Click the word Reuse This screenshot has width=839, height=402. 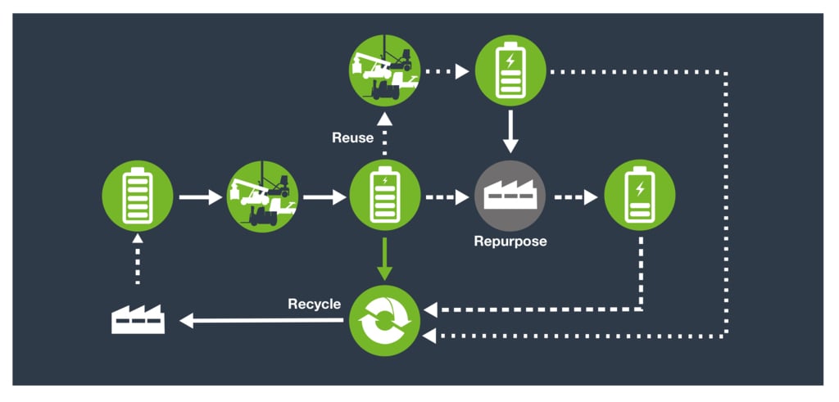click(x=353, y=138)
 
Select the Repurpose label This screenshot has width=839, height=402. click(x=509, y=242)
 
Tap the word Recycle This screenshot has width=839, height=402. click(x=314, y=305)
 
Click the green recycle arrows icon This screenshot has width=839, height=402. click(x=384, y=319)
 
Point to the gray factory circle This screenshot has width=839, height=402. click(x=510, y=196)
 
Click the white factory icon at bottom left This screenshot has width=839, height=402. click(x=138, y=318)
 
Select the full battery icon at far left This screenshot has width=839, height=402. click(x=137, y=196)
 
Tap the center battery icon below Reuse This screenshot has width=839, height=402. click(x=384, y=196)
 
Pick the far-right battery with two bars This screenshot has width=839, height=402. click(x=639, y=196)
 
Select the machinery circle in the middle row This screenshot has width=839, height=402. click(x=262, y=196)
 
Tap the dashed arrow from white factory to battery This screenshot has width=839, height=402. click(x=138, y=260)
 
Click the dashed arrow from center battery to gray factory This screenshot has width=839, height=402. click(x=447, y=196)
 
